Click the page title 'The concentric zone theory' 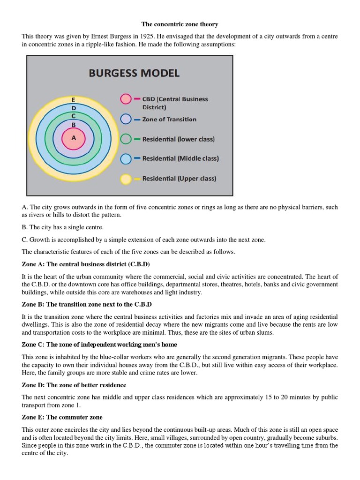(x=180, y=24)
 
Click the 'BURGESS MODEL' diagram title (x=134, y=73)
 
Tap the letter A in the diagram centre (x=74, y=138)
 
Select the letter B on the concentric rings (x=74, y=125)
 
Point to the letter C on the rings (x=74, y=116)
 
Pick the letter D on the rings (x=74, y=108)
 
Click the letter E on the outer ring (x=74, y=100)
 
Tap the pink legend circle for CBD (x=126, y=99)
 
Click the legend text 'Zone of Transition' (x=169, y=119)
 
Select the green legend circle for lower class (x=126, y=139)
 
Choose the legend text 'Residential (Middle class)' (x=180, y=158)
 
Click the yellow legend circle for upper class (x=126, y=179)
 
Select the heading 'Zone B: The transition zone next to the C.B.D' (x=87, y=304)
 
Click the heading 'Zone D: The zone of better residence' (x=74, y=385)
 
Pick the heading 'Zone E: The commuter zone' (x=62, y=417)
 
